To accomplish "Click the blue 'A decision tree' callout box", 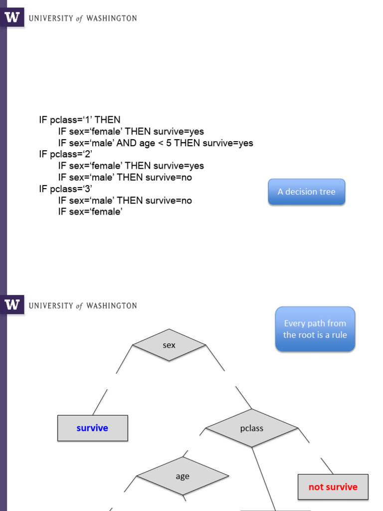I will (306, 192).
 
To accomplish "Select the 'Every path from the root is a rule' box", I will (315, 329).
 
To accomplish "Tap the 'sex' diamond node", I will (169, 345).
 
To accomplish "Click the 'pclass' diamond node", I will (251, 428).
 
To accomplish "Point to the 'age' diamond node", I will (183, 476).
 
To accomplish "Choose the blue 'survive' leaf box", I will (92, 428).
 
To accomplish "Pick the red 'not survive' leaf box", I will (333, 487).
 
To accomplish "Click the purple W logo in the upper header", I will (13, 18).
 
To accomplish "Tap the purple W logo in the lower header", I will (13, 305).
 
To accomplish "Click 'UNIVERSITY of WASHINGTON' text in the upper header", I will (83, 18).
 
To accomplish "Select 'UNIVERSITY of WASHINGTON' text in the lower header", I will (83, 305).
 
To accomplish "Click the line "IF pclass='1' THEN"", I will (80, 120).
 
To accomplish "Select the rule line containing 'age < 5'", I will (156, 143).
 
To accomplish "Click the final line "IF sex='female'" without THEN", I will (90, 212).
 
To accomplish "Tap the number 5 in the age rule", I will (169, 143).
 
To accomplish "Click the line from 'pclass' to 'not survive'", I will (327, 466).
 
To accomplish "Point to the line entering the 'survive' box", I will (100, 402).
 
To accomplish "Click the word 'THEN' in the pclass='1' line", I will (108, 120).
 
